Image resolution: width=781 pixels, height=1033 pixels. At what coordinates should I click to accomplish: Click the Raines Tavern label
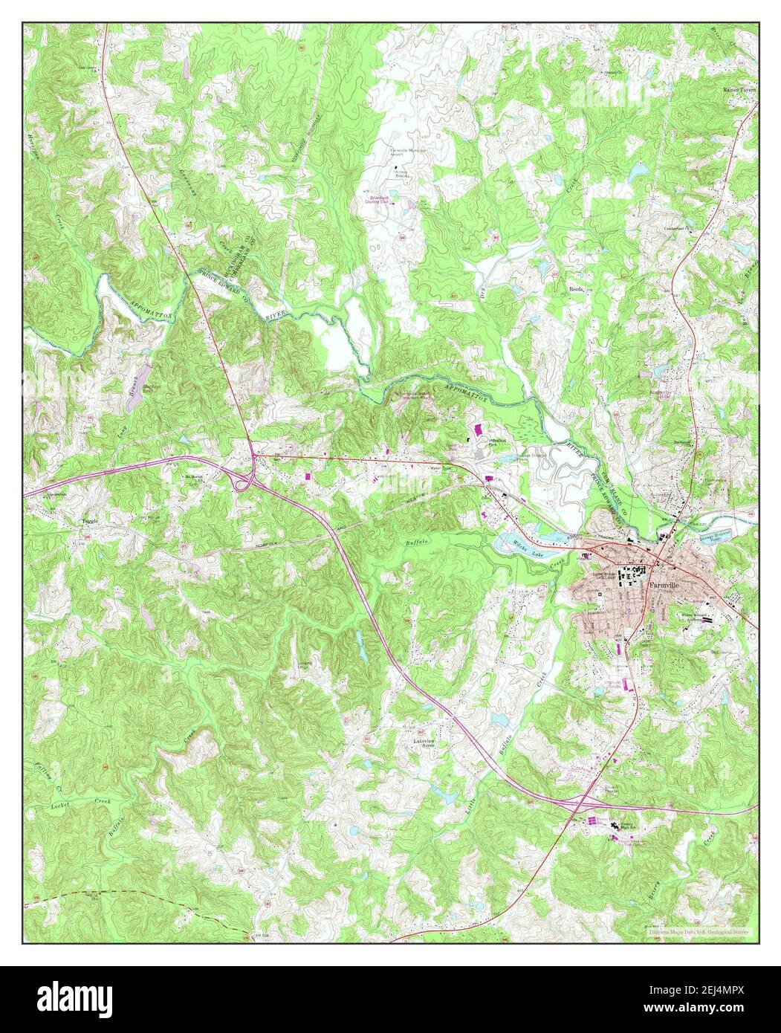(x=739, y=88)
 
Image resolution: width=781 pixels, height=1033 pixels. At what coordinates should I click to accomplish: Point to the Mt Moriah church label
(x=194, y=479)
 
